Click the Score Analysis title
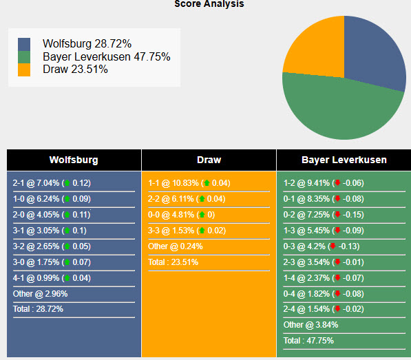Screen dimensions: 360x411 pyautogui.click(x=209, y=4)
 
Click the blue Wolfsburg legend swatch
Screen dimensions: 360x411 pyautogui.click(x=25, y=44)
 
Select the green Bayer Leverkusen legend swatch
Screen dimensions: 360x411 pyautogui.click(x=25, y=56)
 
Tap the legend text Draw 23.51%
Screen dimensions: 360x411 pyautogui.click(x=75, y=69)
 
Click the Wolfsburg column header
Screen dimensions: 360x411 pyautogui.click(x=74, y=160)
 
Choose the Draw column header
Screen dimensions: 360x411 pyautogui.click(x=209, y=160)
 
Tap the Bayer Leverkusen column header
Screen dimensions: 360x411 pyautogui.click(x=344, y=160)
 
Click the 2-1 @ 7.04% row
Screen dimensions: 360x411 pyautogui.click(x=52, y=183)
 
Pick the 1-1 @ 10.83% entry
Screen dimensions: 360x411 pyautogui.click(x=189, y=183)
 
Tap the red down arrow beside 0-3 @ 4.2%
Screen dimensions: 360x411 pyautogui.click(x=334, y=246)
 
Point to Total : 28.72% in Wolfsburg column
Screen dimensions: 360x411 pyautogui.click(x=38, y=309)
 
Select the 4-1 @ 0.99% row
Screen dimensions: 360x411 pyautogui.click(x=52, y=278)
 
